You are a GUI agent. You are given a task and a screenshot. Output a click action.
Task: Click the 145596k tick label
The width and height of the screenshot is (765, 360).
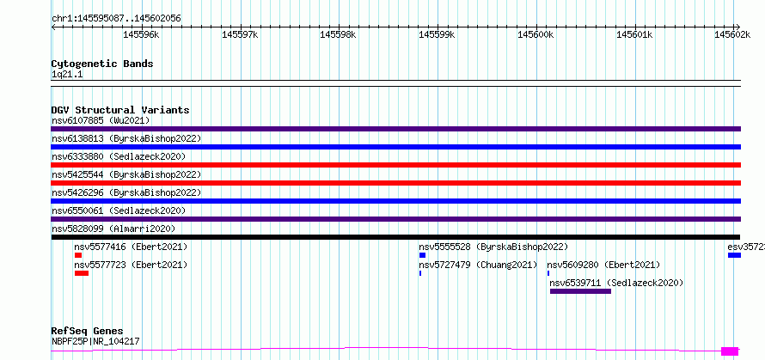pos(141,34)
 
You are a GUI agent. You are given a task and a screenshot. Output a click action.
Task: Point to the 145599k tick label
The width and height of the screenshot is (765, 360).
pos(437,34)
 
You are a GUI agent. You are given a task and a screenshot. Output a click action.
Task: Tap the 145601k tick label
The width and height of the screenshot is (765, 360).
pos(633,34)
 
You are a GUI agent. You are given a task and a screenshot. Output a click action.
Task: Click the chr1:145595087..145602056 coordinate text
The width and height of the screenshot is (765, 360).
pos(116,19)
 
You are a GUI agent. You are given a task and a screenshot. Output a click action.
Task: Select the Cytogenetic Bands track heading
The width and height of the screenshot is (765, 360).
pos(102,64)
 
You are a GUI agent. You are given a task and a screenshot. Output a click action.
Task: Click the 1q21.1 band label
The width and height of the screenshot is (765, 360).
pos(68,74)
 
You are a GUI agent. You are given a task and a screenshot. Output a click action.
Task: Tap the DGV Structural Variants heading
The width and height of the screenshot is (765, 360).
pos(120,110)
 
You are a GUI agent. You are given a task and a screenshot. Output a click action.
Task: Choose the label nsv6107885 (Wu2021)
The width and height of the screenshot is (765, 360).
pos(101,120)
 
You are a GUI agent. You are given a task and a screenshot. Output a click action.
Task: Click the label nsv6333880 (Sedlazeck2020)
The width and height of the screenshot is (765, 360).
pos(119,156)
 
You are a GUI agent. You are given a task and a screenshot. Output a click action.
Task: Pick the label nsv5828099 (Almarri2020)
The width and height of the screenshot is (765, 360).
pos(113,229)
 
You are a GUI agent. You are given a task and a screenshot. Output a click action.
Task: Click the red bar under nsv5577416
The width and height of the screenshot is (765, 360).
pos(78,255)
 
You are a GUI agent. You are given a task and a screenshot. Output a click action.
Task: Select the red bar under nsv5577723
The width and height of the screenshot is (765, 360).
pos(82,273)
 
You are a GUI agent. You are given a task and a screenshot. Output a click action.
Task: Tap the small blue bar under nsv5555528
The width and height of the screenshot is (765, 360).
pos(423,255)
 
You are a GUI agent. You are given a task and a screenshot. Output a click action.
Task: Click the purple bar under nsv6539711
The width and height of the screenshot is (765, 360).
pos(580,291)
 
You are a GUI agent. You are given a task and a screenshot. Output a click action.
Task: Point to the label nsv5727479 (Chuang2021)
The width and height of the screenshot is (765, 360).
pos(478,265)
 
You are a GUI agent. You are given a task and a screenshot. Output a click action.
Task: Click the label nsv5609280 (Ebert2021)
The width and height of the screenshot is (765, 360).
pos(603,265)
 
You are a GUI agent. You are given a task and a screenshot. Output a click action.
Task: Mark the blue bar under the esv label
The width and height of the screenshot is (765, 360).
pos(734,255)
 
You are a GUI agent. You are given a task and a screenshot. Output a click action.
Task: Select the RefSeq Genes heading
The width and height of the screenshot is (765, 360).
pos(88,332)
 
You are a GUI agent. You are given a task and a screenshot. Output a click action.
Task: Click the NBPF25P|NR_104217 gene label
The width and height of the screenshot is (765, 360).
pos(95,341)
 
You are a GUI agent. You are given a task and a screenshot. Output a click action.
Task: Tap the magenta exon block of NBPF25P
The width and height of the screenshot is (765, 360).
pos(730,351)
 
